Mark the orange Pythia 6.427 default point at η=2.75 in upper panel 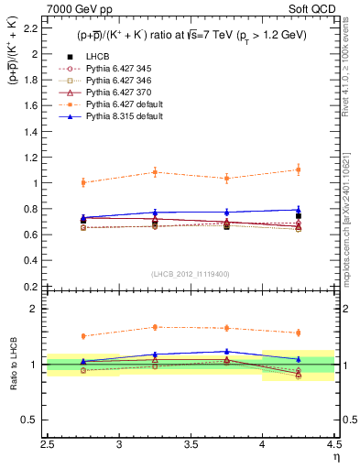(x=83, y=182)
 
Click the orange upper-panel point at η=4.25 (x=298, y=169)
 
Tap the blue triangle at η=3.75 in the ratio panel (x=226, y=351)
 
